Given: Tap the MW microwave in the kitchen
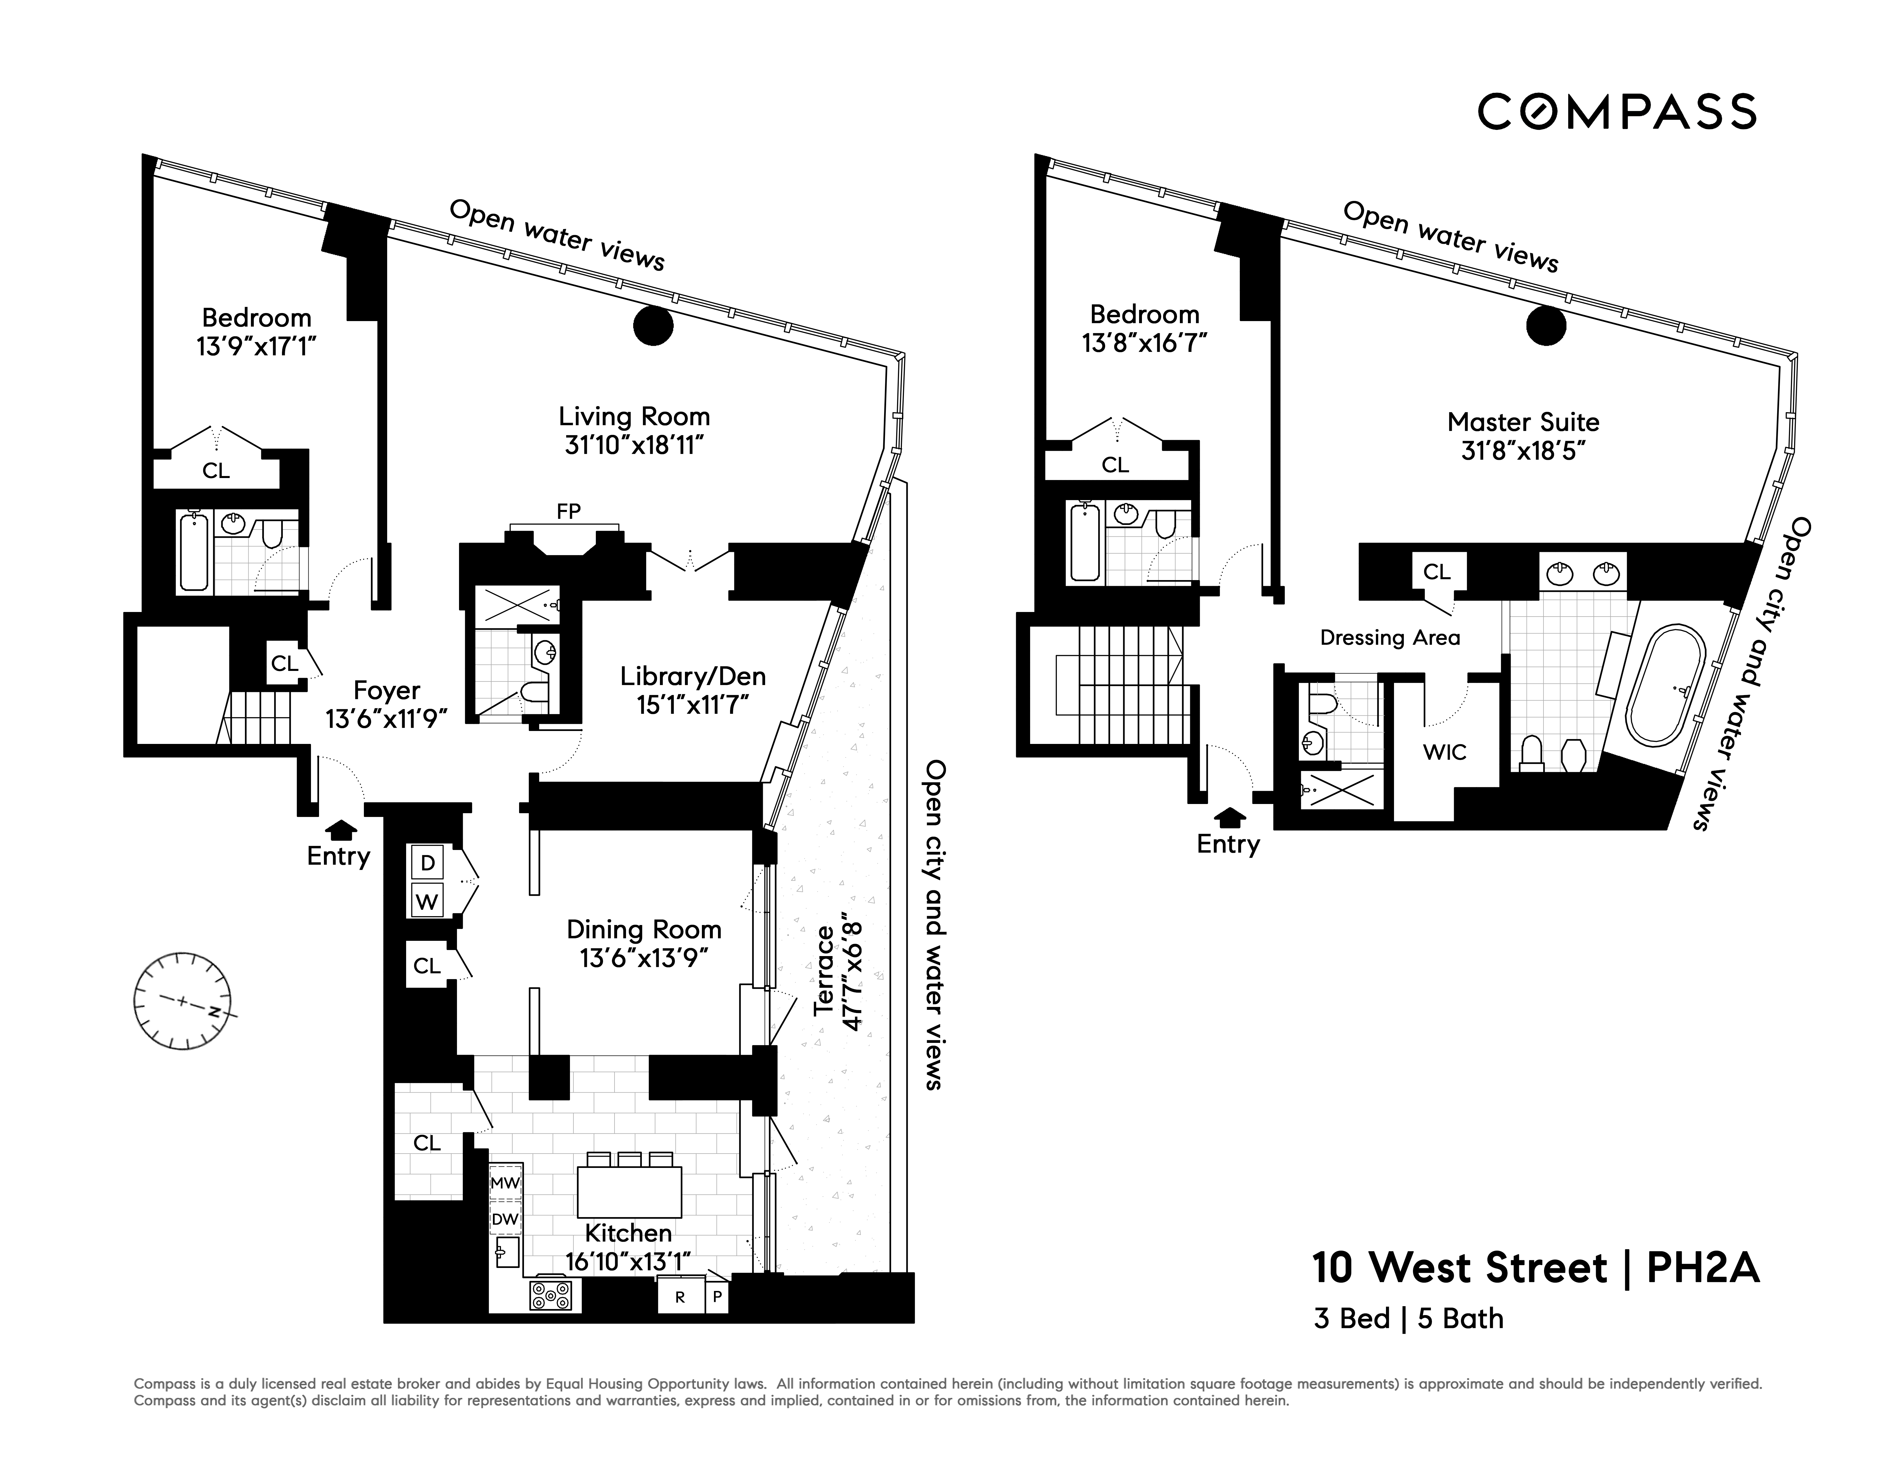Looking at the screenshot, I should (x=505, y=1183).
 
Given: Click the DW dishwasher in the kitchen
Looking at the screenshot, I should (x=505, y=1219).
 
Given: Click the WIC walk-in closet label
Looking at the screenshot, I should (x=1445, y=752).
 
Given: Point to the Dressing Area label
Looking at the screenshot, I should (x=1390, y=638).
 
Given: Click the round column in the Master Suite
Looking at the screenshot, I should (x=1546, y=326).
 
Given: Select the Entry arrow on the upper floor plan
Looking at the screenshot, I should (x=1228, y=816).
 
